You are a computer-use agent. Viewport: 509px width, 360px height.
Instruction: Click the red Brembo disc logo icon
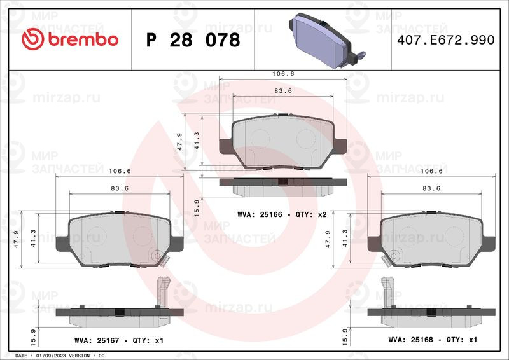(x=33, y=39)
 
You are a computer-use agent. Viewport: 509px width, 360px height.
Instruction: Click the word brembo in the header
(x=83, y=39)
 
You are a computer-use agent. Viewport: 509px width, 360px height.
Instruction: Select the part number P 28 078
(x=193, y=40)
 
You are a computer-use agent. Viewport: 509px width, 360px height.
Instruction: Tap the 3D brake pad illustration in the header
(x=327, y=40)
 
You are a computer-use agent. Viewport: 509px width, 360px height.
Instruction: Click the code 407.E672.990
(x=446, y=39)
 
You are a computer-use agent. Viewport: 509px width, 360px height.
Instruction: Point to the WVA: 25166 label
(x=260, y=214)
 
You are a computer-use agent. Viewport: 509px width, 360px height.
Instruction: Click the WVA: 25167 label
(x=97, y=340)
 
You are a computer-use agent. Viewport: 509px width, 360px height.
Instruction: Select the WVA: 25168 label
(x=410, y=340)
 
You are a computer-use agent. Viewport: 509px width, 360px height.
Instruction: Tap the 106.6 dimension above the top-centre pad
(x=283, y=74)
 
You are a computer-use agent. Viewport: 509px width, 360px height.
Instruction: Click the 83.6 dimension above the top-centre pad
(x=283, y=91)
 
